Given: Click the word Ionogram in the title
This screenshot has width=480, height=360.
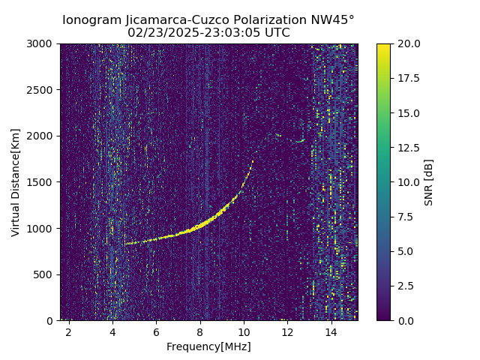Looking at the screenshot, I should (89, 20).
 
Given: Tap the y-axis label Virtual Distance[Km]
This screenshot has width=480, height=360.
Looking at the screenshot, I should (16, 182).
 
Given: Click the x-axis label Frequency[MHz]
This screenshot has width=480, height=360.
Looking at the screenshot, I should (208, 346).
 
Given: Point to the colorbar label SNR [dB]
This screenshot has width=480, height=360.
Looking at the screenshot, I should (429, 182).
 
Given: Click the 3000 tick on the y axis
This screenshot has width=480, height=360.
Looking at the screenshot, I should (42, 43).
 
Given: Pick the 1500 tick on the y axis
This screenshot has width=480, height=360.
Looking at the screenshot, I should (42, 182).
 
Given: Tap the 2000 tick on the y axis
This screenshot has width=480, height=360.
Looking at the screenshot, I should (42, 136).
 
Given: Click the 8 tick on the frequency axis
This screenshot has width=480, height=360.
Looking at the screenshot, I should (199, 331).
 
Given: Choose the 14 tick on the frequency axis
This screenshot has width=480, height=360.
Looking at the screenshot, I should (331, 331).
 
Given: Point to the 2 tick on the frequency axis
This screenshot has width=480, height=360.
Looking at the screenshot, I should (69, 331).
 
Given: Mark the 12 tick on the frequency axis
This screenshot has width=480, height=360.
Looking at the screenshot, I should (286, 331).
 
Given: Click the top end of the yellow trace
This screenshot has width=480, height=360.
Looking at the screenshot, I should (253, 160).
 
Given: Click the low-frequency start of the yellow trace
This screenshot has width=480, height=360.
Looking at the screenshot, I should (126, 244).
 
